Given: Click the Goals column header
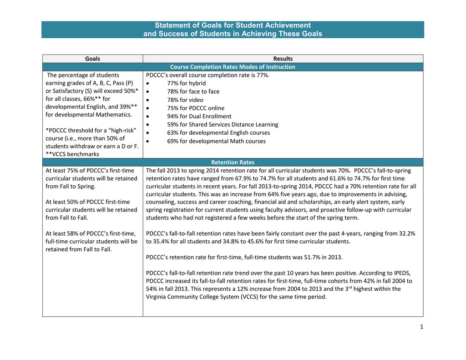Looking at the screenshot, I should click(92, 59).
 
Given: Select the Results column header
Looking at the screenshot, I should click(283, 59).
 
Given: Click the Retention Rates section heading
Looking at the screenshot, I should click(233, 162).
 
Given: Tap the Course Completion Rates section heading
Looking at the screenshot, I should click(233, 67).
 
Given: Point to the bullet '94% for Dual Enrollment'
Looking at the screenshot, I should click(199, 116).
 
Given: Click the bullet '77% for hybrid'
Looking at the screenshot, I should click(186, 83).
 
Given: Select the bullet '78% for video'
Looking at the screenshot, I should click(185, 100).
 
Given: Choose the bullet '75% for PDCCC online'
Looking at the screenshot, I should click(195, 108).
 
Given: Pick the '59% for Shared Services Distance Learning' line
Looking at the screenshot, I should click(222, 124).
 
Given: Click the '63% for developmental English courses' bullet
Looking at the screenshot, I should click(218, 132).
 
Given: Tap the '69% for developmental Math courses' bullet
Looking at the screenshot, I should click(216, 141).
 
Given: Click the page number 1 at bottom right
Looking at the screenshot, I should click(421, 327).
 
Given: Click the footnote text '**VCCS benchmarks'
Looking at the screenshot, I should click(72, 154).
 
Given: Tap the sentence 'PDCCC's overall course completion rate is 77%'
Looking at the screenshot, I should click(208, 75).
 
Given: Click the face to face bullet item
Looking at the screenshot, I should click(193, 91).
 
